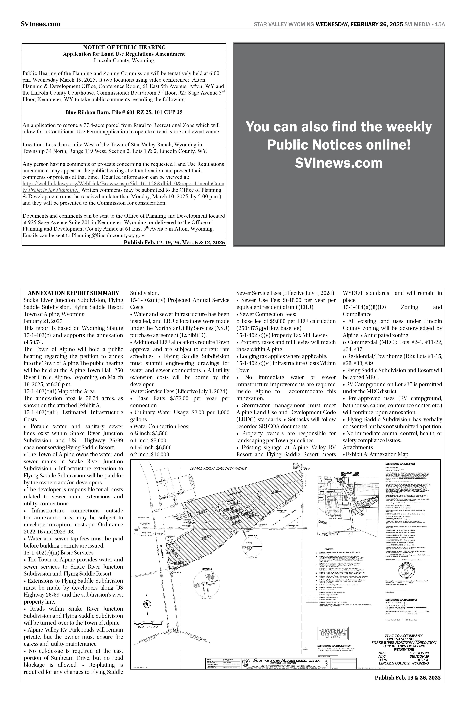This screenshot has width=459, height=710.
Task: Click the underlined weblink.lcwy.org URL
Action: point(123,183)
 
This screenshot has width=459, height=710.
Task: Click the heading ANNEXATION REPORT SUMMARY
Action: point(73,293)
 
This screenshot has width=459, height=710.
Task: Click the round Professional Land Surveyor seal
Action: point(407,570)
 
